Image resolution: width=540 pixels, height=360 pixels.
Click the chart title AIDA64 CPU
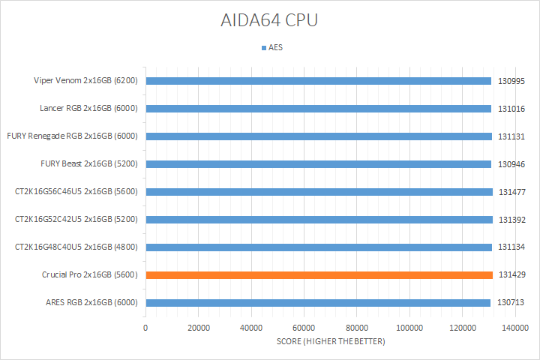tap(270, 20)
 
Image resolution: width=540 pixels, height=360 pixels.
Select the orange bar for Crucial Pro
tap(319, 275)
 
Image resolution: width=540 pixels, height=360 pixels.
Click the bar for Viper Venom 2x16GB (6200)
tap(319, 81)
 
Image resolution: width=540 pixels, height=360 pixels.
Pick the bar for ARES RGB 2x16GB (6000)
tap(318, 303)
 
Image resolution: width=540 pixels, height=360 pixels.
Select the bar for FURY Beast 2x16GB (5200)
tap(319, 164)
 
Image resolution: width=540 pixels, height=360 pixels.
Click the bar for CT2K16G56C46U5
tap(319, 192)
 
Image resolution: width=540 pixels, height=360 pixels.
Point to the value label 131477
tap(511, 192)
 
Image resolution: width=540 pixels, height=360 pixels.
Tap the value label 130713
tap(511, 303)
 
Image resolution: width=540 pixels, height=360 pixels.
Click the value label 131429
tap(511, 275)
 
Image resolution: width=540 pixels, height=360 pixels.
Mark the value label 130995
tap(511, 81)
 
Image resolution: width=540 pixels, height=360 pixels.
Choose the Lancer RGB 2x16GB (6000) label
tap(88, 109)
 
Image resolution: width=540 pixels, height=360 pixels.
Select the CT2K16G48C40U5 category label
tap(76, 247)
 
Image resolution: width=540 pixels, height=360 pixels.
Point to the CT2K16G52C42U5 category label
tap(76, 220)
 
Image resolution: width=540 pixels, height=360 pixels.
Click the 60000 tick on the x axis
tap(304, 328)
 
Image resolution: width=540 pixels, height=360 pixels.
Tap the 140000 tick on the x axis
tap(515, 328)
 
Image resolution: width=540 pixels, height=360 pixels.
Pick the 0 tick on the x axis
tap(145, 328)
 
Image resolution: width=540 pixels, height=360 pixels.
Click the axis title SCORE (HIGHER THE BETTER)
tap(330, 342)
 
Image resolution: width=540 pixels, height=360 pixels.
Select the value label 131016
tap(511, 109)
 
